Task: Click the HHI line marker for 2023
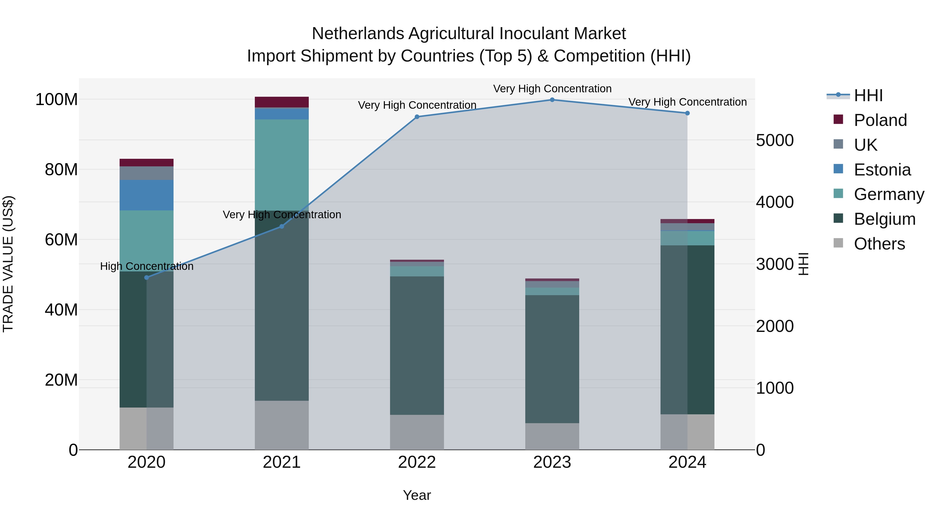552,100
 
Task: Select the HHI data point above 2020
146,277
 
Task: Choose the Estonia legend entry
882,170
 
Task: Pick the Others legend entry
879,244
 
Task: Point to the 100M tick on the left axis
57,100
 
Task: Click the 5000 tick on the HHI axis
775,140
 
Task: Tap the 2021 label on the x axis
281,462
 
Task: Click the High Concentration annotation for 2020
146,266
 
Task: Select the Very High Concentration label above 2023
552,89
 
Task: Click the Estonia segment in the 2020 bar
146,195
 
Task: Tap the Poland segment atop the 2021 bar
281,102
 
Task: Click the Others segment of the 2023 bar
552,436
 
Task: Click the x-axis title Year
417,495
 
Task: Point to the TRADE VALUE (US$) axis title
8,264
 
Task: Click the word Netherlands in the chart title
357,34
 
